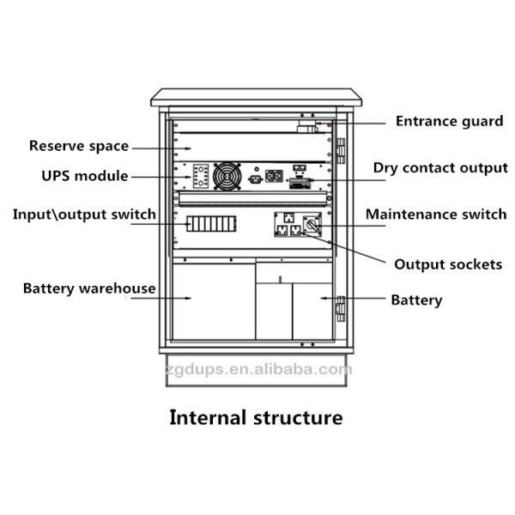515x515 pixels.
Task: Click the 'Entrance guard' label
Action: (x=449, y=121)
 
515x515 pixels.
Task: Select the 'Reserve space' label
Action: (x=79, y=146)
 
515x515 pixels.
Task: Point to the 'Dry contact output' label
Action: (x=440, y=167)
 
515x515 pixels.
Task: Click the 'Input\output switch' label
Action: (x=84, y=214)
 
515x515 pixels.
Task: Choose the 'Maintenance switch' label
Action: (x=436, y=214)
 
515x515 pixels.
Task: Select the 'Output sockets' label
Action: (x=447, y=264)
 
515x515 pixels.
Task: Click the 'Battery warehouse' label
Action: (x=89, y=288)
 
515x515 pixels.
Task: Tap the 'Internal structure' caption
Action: (x=256, y=418)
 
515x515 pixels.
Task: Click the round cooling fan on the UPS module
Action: (x=227, y=179)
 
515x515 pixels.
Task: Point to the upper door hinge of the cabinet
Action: (x=339, y=150)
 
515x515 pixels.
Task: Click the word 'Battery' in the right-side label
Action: (x=416, y=300)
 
